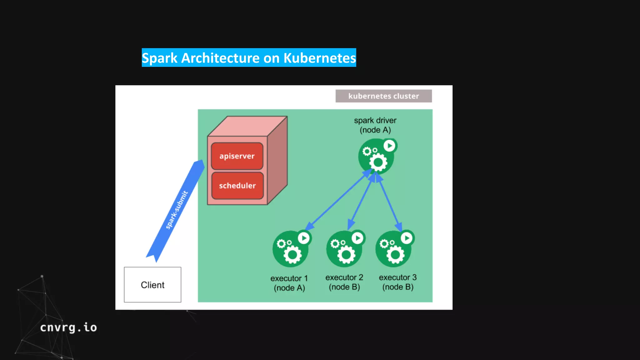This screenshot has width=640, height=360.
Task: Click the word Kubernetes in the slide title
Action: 319,58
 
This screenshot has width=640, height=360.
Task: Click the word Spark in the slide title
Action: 159,58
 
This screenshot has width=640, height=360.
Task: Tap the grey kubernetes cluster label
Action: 383,96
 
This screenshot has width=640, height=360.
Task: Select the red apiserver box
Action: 237,156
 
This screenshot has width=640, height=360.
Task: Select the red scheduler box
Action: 237,186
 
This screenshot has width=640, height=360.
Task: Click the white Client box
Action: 152,285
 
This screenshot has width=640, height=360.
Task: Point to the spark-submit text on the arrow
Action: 177,210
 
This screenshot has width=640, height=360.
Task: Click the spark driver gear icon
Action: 376,157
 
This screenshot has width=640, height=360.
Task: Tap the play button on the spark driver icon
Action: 389,146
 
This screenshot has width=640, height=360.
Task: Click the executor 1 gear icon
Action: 290,249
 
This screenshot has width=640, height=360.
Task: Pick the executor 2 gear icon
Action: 344,249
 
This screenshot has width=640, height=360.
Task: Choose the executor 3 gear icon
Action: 393,249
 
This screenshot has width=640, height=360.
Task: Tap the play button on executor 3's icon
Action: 407,238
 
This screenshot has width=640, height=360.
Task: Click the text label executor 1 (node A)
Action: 289,283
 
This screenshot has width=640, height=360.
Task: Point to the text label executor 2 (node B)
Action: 344,282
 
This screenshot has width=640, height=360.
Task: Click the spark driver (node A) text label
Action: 375,125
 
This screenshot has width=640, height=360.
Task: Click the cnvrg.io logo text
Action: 68,327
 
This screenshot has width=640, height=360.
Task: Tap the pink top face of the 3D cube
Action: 247,126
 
